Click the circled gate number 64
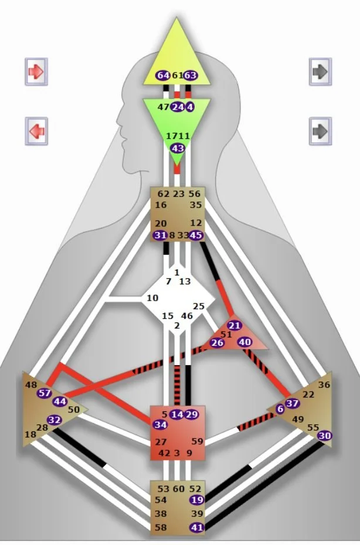coord(163,76)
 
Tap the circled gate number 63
coord(191,76)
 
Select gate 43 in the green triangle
coord(177,148)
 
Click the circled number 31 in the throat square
coord(160,235)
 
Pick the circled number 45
coord(196,235)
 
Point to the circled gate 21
coord(235,326)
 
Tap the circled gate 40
coord(245,342)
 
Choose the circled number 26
coord(217,343)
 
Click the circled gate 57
coord(45,393)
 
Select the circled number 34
coord(160,424)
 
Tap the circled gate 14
coord(177,414)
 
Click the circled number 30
coord(324,435)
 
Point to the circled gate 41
coord(196,528)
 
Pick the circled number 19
coord(196,500)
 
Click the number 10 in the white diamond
coord(152,298)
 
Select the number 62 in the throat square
coord(163,194)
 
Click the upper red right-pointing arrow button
coord(36,71)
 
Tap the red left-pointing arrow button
coord(36,131)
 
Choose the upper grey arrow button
coord(320,71)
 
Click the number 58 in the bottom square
coord(160,528)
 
